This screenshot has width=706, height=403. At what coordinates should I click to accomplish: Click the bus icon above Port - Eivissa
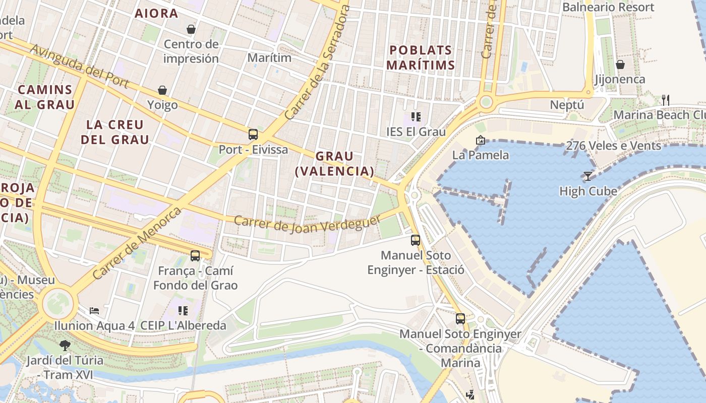coord(253,135)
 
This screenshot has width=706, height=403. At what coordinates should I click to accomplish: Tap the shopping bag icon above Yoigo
coord(162,90)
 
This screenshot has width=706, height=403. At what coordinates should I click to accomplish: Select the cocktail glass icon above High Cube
coord(587,176)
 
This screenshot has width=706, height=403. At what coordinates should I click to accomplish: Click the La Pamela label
coord(480,155)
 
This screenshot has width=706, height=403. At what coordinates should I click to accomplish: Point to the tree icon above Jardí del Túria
coord(65,346)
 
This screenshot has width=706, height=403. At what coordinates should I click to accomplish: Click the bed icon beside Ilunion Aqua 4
coord(94,310)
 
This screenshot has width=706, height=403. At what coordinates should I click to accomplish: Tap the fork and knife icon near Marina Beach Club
coord(666,100)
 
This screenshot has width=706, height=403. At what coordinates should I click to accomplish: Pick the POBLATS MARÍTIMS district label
coord(421,57)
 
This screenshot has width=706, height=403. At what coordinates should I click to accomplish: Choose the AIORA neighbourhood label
coord(156,14)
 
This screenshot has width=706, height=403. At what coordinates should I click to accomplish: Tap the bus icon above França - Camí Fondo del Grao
coord(195,256)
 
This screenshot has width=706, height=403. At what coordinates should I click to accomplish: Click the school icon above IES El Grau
coord(416,117)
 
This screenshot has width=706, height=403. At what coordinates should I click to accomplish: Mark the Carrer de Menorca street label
coord(137,243)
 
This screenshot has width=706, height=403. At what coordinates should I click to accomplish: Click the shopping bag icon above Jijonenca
coord(620,64)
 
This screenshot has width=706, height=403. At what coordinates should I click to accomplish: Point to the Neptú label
coord(567,105)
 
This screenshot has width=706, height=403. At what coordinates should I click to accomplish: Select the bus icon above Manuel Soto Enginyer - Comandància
coord(460,319)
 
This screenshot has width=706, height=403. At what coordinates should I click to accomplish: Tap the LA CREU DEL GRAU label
coord(115,132)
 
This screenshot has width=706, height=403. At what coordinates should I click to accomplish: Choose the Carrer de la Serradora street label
coord(317,63)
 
